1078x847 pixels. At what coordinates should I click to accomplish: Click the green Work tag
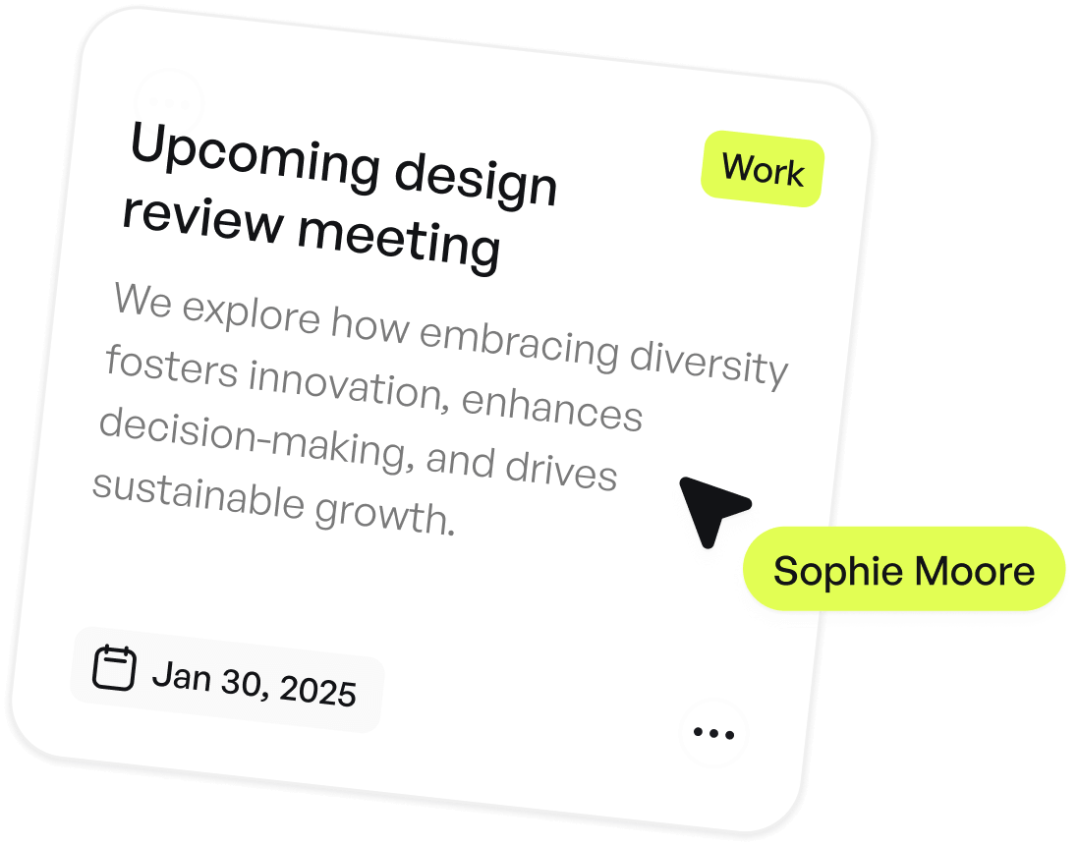(x=763, y=171)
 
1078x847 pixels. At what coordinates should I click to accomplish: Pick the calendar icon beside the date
(x=113, y=667)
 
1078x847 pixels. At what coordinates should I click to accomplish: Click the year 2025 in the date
(x=317, y=691)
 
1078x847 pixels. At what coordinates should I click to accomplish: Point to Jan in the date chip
(x=182, y=675)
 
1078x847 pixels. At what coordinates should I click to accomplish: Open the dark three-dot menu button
(x=713, y=733)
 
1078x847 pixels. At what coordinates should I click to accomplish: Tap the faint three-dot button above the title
(x=168, y=102)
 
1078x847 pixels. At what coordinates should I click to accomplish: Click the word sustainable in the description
(x=196, y=494)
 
